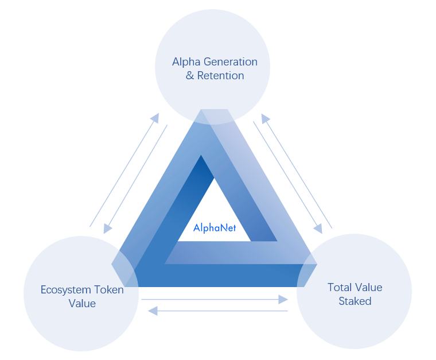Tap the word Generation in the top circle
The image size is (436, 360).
pos(228,62)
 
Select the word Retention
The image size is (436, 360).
pos(221,76)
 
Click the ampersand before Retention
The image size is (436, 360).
pos(190,76)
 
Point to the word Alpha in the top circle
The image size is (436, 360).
pos(184,62)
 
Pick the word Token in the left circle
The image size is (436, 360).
pos(108,290)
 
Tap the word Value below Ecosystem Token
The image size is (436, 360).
pos(82,304)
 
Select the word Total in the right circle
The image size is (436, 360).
pos(339,287)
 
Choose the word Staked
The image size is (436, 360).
pos(355,301)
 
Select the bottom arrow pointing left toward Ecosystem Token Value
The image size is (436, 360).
pos(218,311)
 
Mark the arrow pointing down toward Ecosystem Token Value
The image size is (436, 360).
pos(136,178)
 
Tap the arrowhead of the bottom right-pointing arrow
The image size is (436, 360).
pos(283,299)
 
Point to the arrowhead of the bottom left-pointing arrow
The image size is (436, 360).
pos(153,311)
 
